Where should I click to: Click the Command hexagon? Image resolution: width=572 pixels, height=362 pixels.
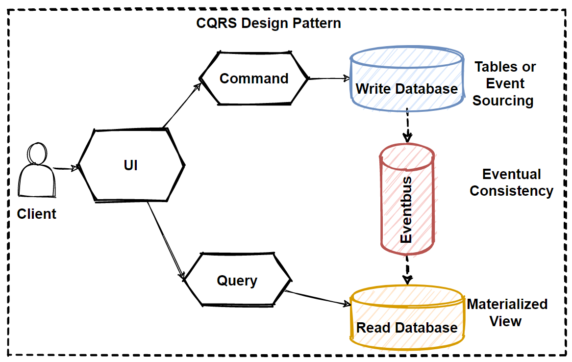[x=254, y=78]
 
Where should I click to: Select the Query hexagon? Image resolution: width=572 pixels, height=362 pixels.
[x=237, y=281]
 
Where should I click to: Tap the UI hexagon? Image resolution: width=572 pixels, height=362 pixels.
[x=131, y=165]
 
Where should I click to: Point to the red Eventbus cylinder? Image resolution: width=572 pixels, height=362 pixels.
[x=407, y=201]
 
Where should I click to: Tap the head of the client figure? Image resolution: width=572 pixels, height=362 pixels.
[x=36, y=153]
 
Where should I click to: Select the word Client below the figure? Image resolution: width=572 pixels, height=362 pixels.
[x=37, y=214]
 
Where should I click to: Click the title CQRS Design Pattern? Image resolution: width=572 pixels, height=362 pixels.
[x=269, y=23]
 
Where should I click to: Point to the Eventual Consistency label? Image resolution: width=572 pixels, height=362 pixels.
[x=511, y=182]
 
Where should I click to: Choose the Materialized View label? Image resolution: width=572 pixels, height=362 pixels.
[x=507, y=312]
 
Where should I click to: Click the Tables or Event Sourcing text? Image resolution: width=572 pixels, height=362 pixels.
[x=504, y=84]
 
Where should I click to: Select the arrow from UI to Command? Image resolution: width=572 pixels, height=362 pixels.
[x=181, y=106]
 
